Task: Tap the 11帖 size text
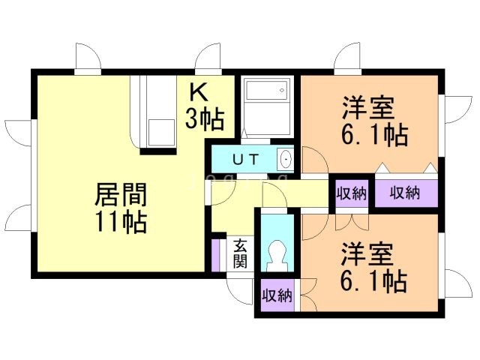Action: pos(120,222)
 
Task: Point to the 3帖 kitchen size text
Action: pos(205,118)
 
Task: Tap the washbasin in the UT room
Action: pos(285,159)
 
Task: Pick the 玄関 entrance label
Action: pos(240,253)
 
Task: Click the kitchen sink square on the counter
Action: pos(160,132)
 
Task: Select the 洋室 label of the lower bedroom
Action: pos(368,253)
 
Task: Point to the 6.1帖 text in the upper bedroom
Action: pos(376,136)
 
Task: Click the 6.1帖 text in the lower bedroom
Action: pos(376,281)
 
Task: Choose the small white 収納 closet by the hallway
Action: pos(351,193)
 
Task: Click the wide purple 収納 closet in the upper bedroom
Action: pos(406,193)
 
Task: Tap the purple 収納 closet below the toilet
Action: pos(276,295)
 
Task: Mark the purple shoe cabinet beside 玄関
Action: pos(216,253)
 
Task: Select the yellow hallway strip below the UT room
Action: pos(300,192)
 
